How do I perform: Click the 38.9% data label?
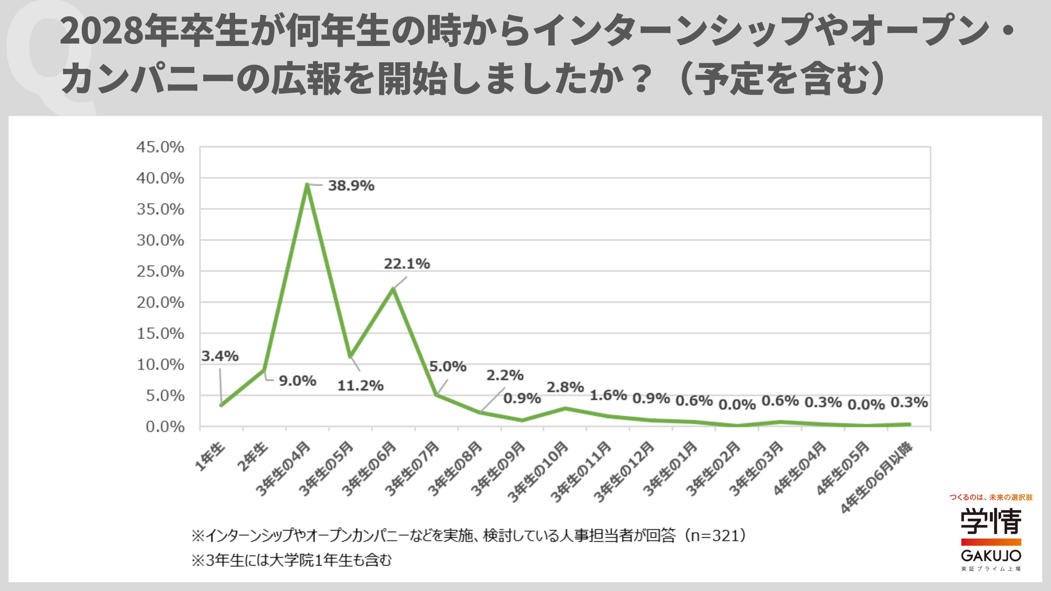(x=351, y=186)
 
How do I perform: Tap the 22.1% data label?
(x=407, y=264)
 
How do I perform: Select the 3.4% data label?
(x=220, y=356)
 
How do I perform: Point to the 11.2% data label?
(x=360, y=385)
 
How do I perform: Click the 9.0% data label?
(x=297, y=381)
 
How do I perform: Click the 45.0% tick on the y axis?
(x=160, y=147)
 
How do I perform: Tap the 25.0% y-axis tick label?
(x=160, y=271)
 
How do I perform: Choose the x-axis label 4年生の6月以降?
(x=876, y=477)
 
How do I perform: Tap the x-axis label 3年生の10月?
(x=538, y=472)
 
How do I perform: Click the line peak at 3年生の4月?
(x=307, y=185)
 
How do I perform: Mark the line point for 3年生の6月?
(x=393, y=289)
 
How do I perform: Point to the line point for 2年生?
(x=264, y=370)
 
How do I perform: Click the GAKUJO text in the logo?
(x=991, y=555)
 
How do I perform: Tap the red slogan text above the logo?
(x=991, y=497)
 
